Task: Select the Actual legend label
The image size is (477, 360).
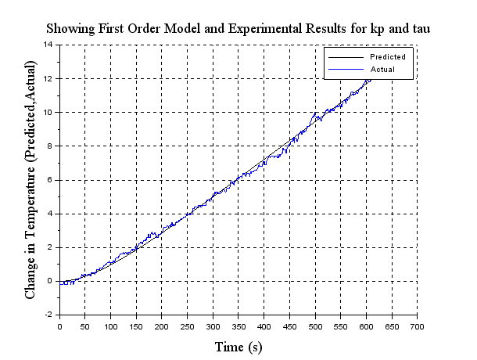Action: coord(382,70)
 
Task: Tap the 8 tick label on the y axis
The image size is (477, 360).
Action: coord(51,146)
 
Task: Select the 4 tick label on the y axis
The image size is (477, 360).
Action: coord(51,213)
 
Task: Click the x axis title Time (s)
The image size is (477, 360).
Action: coord(238,347)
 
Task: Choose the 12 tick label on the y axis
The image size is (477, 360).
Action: coord(48,78)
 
